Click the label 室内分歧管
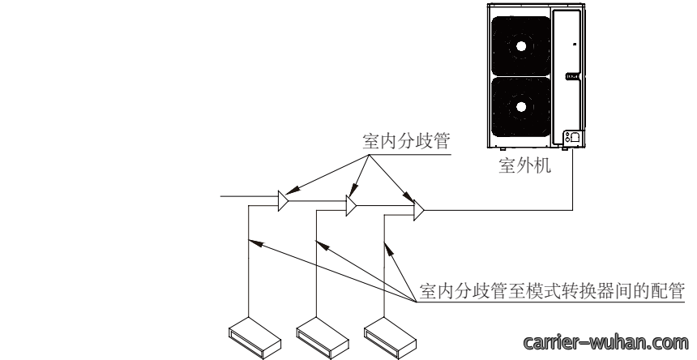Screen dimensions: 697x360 pyautogui.click(x=406, y=141)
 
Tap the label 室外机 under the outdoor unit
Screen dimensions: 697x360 pyautogui.click(x=525, y=165)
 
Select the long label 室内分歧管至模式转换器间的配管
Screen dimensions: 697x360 pyautogui.click(x=552, y=291)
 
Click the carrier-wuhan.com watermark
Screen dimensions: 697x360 pyautogui.click(x=606, y=343)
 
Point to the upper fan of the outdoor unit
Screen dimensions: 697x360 pyautogui.click(x=521, y=45)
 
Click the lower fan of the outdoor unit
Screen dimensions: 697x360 pyautogui.click(x=521, y=107)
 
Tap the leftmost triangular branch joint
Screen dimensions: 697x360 pyautogui.click(x=283, y=201)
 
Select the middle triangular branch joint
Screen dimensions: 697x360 pyautogui.click(x=351, y=205)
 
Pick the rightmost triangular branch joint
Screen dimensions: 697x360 pyautogui.click(x=419, y=210)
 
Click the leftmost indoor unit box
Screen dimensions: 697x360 pyautogui.click(x=254, y=338)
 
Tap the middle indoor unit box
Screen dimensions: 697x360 pyautogui.click(x=323, y=338)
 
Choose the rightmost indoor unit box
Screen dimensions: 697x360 pyautogui.click(x=391, y=338)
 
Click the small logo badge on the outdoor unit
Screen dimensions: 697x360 pyautogui.click(x=572, y=76)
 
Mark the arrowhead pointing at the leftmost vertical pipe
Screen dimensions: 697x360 pyautogui.click(x=255, y=242)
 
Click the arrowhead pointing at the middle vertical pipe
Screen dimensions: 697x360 pyautogui.click(x=323, y=245)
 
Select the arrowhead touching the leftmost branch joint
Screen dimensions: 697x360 pyautogui.click(x=292, y=191)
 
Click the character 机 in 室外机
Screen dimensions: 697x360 pyautogui.click(x=542, y=165)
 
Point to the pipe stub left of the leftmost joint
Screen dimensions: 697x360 pyautogui.click(x=250, y=196)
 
